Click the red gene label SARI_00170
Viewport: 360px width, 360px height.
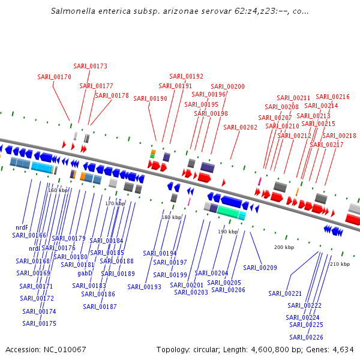pos(54,77)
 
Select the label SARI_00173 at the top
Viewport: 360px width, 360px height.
pos(90,66)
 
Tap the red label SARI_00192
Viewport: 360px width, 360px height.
pos(186,76)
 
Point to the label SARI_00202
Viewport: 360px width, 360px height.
pos(240,127)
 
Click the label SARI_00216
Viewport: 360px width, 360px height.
pos(332,97)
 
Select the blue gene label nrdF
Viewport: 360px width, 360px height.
pos(22,227)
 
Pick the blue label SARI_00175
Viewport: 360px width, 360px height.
pos(39,323)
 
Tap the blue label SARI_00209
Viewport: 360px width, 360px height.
pos(260,268)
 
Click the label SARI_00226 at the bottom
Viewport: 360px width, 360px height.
pos(306,337)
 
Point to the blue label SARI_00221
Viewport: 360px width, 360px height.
pos(285,293)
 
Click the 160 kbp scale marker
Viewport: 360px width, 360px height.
pos(58,190)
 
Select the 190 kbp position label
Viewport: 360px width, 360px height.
pos(228,231)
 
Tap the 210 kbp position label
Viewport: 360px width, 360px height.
pos(340,264)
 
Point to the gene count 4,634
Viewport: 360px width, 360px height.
pos(343,349)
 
